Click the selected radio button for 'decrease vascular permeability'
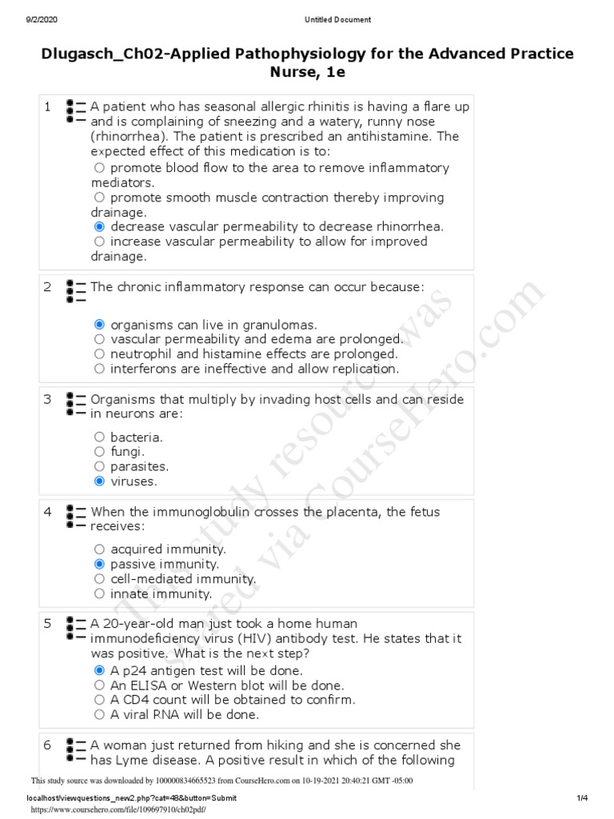(x=99, y=227)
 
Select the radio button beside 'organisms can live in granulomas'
(x=99, y=325)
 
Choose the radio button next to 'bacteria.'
(x=99, y=437)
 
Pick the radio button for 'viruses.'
(x=99, y=481)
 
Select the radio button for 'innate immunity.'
(x=99, y=594)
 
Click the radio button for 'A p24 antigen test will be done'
(x=99, y=671)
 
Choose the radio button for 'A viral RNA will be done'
(x=99, y=715)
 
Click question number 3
(x=48, y=399)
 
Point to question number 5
(x=48, y=623)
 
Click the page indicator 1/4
(x=582, y=798)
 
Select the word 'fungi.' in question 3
(x=127, y=452)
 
